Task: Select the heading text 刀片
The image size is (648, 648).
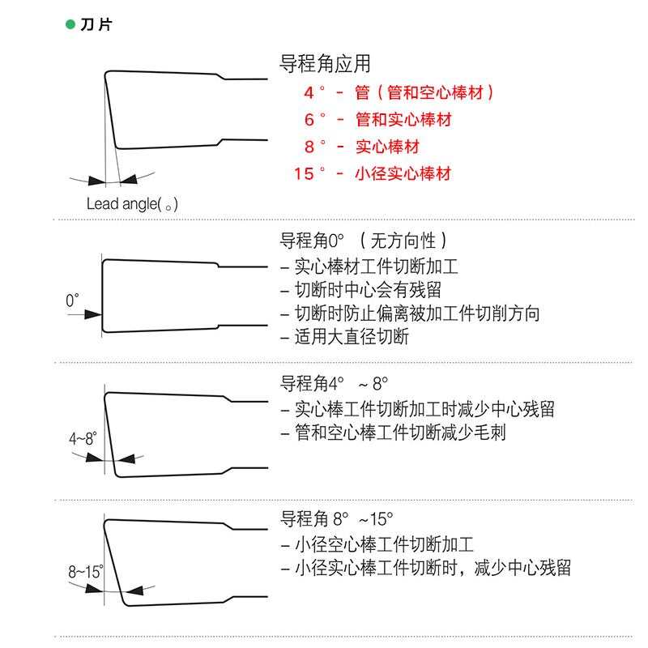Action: pyautogui.click(x=95, y=24)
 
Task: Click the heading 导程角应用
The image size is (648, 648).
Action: pyautogui.click(x=324, y=64)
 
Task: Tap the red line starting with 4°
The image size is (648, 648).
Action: pyautogui.click(x=399, y=92)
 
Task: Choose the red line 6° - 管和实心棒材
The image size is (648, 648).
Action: pyautogui.click(x=378, y=120)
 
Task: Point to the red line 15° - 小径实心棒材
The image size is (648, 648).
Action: pyautogui.click(x=373, y=173)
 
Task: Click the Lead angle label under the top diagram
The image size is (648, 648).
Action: pyautogui.click(x=132, y=203)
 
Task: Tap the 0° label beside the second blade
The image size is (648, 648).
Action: pyautogui.click(x=73, y=301)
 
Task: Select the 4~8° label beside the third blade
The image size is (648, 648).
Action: pyautogui.click(x=83, y=438)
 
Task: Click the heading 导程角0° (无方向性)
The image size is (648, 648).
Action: pyautogui.click(x=362, y=241)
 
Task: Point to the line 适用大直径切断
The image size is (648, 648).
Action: pyautogui.click(x=344, y=337)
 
